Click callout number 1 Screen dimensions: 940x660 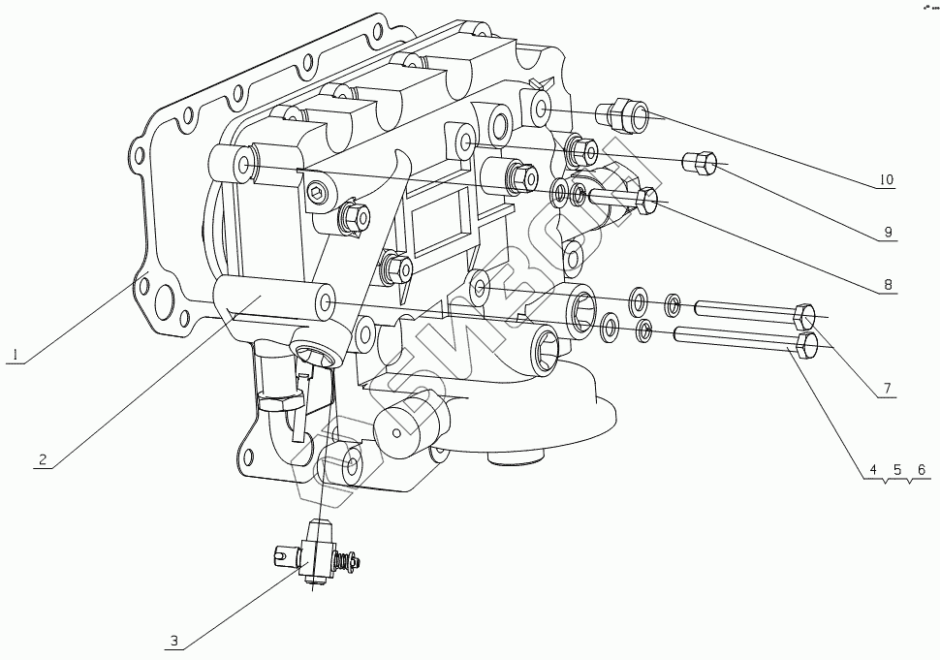pyautogui.click(x=15, y=355)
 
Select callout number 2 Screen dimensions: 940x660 pyautogui.click(x=42, y=459)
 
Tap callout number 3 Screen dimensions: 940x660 pyautogui.click(x=174, y=641)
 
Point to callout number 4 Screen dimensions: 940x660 pyautogui.click(x=873, y=469)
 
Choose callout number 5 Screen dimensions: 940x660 pyautogui.click(x=897, y=469)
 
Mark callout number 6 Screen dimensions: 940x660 pyautogui.click(x=922, y=469)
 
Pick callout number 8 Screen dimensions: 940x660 pyautogui.click(x=888, y=287)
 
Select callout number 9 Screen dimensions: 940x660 pyautogui.click(x=888, y=233)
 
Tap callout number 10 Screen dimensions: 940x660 pyautogui.click(x=886, y=180)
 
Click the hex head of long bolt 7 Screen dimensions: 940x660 pyautogui.click(x=804, y=317)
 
